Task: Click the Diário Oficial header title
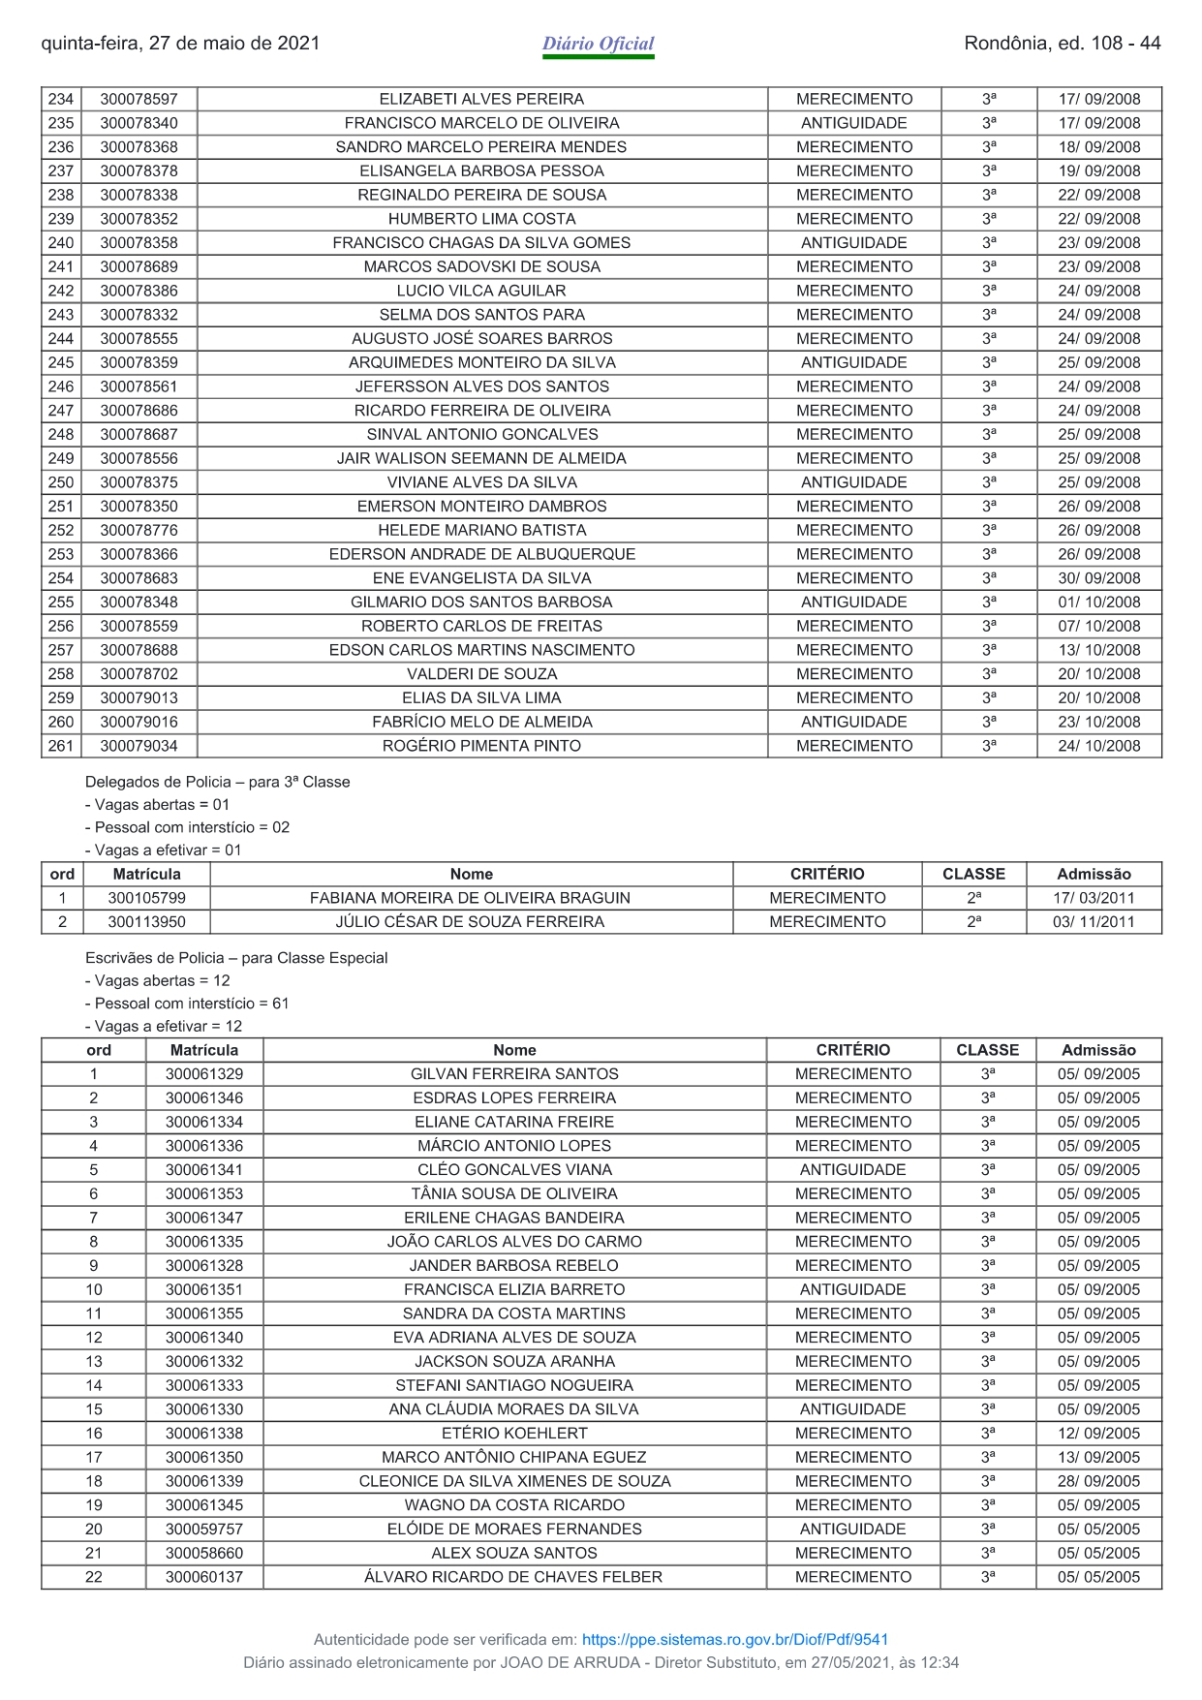pyautogui.click(x=598, y=44)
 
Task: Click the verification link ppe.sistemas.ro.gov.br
pyautogui.click(x=734, y=1639)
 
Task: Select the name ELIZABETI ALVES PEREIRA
pyautogui.click(x=481, y=99)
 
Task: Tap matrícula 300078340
pyautogui.click(x=139, y=123)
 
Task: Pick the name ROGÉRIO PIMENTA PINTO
pyautogui.click(x=481, y=746)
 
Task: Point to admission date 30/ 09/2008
pyautogui.click(x=1098, y=578)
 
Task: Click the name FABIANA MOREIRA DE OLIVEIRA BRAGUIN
pyautogui.click(x=470, y=898)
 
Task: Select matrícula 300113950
pyautogui.click(x=146, y=922)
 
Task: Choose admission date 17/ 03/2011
pyautogui.click(x=1094, y=898)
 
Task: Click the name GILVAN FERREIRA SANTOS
pyautogui.click(x=514, y=1074)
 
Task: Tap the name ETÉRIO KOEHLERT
pyautogui.click(x=514, y=1434)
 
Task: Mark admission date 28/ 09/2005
pyautogui.click(x=1098, y=1481)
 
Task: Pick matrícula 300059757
pyautogui.click(x=203, y=1530)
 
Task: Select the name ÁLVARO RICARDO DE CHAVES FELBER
pyautogui.click(x=513, y=1577)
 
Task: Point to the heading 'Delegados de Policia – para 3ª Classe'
pyautogui.click(x=217, y=782)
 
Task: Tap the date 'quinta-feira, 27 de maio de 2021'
pyautogui.click(x=180, y=44)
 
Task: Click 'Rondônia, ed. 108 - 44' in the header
pyautogui.click(x=1062, y=44)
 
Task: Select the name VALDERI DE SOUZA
pyautogui.click(x=481, y=674)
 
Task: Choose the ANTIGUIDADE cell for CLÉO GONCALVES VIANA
pyautogui.click(x=852, y=1170)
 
